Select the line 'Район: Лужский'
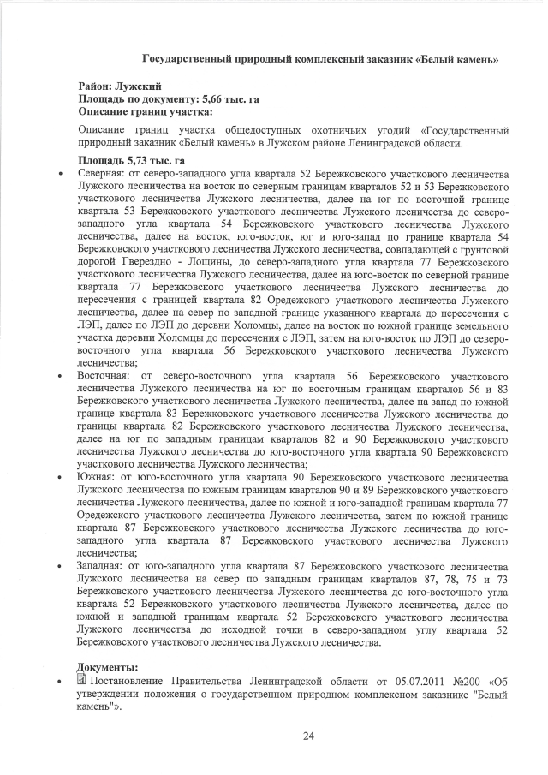[119, 87]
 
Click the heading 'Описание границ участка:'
[146, 111]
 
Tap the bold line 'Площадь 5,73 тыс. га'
[134, 160]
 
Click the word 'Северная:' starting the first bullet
[102, 173]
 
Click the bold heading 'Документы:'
[107, 667]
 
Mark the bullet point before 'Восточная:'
[57, 376]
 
